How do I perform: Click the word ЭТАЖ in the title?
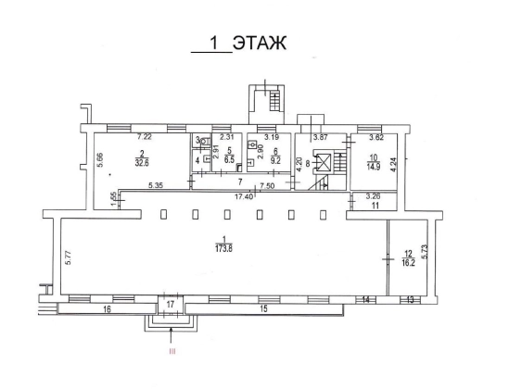tap(260, 44)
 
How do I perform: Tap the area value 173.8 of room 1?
tap(224, 249)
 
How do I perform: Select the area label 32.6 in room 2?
tap(142, 163)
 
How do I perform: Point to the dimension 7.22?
tap(145, 137)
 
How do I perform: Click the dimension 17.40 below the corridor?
tap(244, 196)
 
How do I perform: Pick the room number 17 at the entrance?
tap(171, 305)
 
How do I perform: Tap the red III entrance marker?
tap(172, 351)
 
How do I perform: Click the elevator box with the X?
tap(322, 162)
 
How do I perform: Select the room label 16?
tap(107, 309)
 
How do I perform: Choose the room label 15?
tap(263, 308)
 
